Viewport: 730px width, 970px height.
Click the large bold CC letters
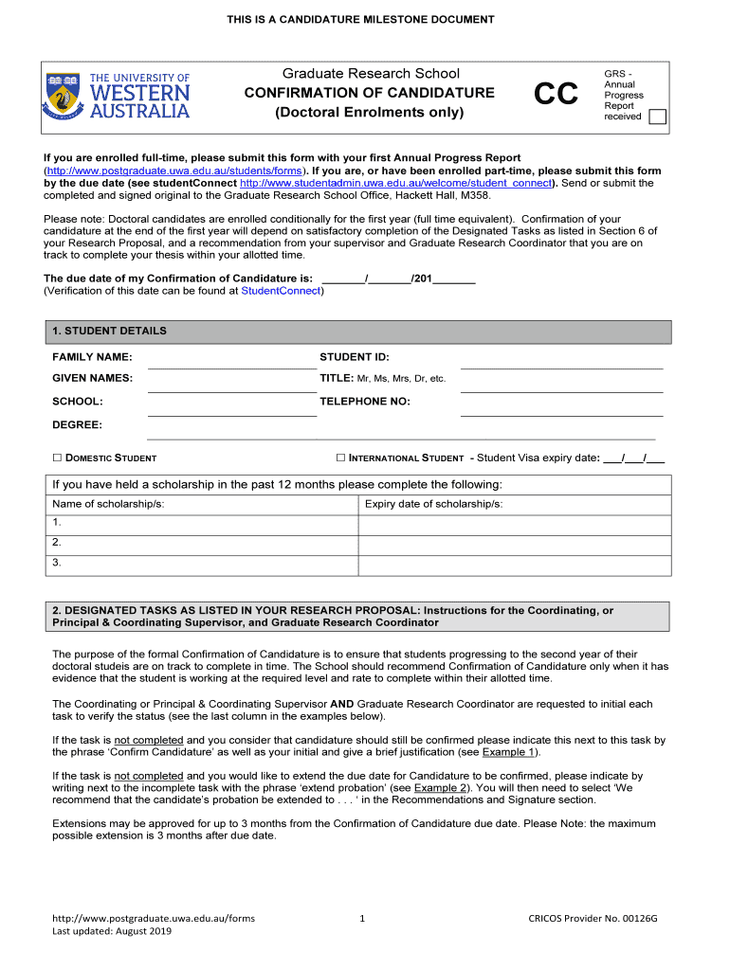click(556, 95)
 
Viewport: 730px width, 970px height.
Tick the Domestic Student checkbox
click(57, 458)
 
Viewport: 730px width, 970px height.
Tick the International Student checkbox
click(341, 458)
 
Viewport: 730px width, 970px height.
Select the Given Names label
click(92, 378)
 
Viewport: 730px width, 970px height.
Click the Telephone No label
click(364, 402)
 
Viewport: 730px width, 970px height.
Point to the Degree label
click(77, 424)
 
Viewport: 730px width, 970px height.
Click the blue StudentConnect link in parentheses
click(282, 291)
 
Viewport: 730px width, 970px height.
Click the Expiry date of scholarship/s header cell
click(433, 504)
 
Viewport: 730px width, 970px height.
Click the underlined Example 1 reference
click(509, 752)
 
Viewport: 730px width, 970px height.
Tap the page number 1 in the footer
click(364, 918)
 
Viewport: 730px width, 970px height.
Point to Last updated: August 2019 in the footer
click(112, 931)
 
